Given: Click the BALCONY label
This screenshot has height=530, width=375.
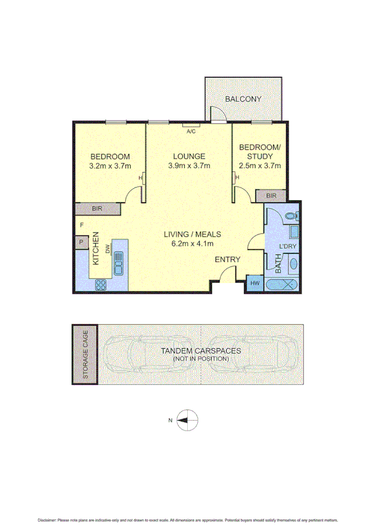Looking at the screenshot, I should (244, 99).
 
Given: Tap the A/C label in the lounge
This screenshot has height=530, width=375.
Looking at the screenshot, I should (190, 131).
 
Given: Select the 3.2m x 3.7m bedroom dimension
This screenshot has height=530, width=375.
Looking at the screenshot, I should (110, 166).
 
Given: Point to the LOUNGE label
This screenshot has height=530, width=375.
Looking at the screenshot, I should (188, 156).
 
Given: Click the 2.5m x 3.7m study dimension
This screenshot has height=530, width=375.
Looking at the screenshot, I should (260, 166).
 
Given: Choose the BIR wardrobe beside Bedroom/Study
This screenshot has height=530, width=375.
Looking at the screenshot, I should (270, 196).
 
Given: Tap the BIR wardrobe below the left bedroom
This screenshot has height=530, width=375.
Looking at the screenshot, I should (96, 209).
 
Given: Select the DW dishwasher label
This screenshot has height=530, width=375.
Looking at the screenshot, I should (108, 249).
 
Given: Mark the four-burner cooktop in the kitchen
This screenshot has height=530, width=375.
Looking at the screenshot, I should (101, 284).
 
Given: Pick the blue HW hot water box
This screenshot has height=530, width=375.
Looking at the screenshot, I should (254, 283).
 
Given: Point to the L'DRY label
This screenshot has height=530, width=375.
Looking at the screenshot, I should (287, 246).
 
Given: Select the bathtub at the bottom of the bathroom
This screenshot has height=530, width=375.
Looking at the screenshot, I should (283, 284).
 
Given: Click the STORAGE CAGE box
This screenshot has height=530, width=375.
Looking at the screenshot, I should (84, 354).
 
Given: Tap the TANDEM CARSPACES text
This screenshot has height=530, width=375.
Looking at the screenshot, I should (200, 351).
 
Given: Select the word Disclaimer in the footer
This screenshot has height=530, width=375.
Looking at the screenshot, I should (48, 520).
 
